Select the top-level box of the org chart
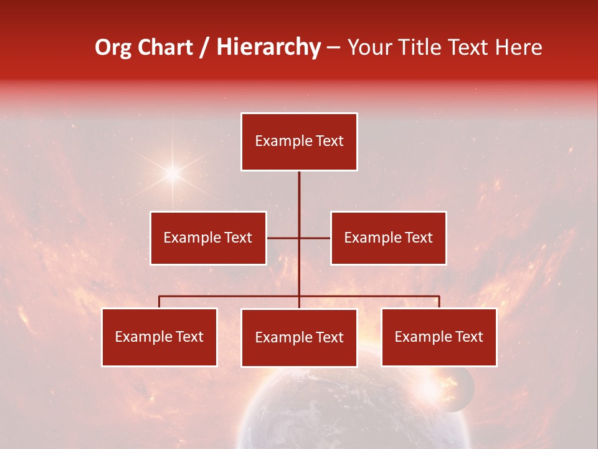[299, 142]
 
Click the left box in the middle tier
[208, 238]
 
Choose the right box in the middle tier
[388, 238]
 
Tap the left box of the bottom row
[159, 337]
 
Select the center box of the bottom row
[299, 337]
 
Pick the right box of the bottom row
[439, 337]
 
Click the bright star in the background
[172, 172]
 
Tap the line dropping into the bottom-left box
[159, 302]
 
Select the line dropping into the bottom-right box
[439, 302]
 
